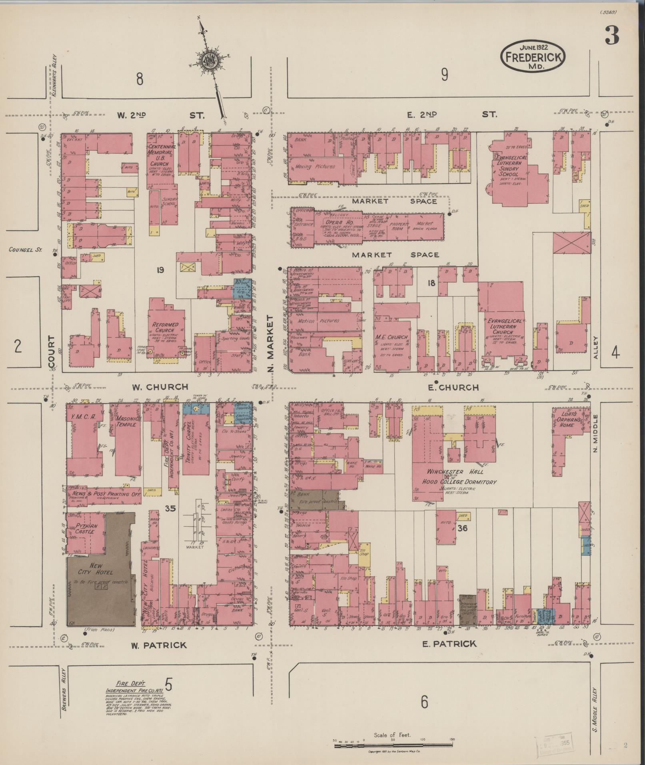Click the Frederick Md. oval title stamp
[x=532, y=56]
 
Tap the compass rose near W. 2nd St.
[x=209, y=61]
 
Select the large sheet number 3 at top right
[x=611, y=35]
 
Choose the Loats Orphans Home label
[x=567, y=418]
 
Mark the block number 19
[x=160, y=270]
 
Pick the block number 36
[x=463, y=528]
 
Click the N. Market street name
[x=271, y=343]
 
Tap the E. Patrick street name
[x=449, y=644]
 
